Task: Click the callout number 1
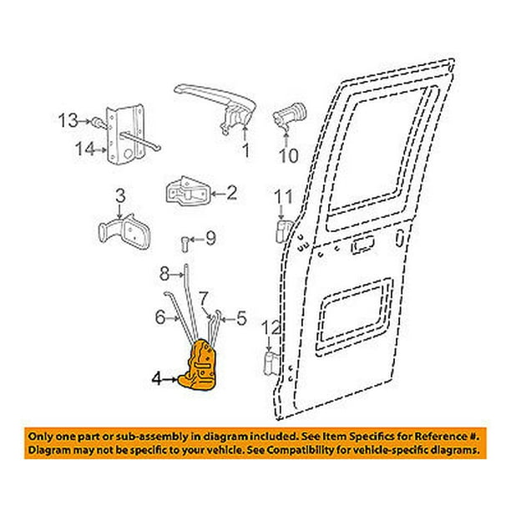(246, 152)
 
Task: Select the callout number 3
(121, 196)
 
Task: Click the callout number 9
(210, 240)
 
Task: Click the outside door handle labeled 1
(213, 104)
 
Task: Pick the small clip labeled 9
(184, 243)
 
